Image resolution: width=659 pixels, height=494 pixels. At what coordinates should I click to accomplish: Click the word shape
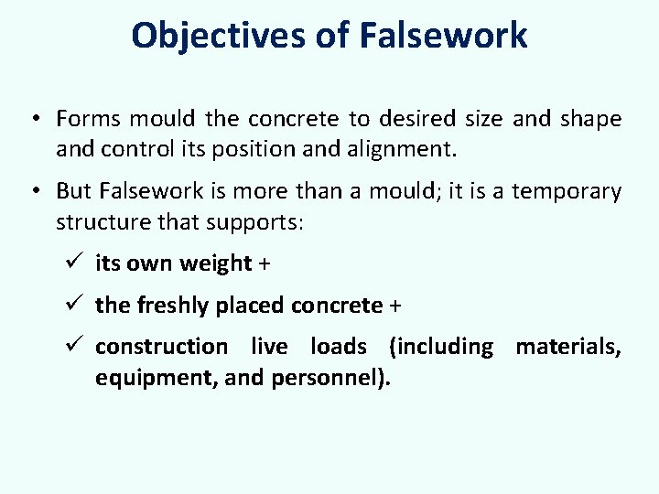coord(589,119)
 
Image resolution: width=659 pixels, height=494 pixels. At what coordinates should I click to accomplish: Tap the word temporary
coord(567,192)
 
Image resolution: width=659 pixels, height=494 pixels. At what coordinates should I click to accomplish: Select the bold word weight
coord(216,263)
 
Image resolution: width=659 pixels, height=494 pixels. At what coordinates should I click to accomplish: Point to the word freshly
coord(173,306)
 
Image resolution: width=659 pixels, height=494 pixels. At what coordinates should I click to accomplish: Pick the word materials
coord(568,347)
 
